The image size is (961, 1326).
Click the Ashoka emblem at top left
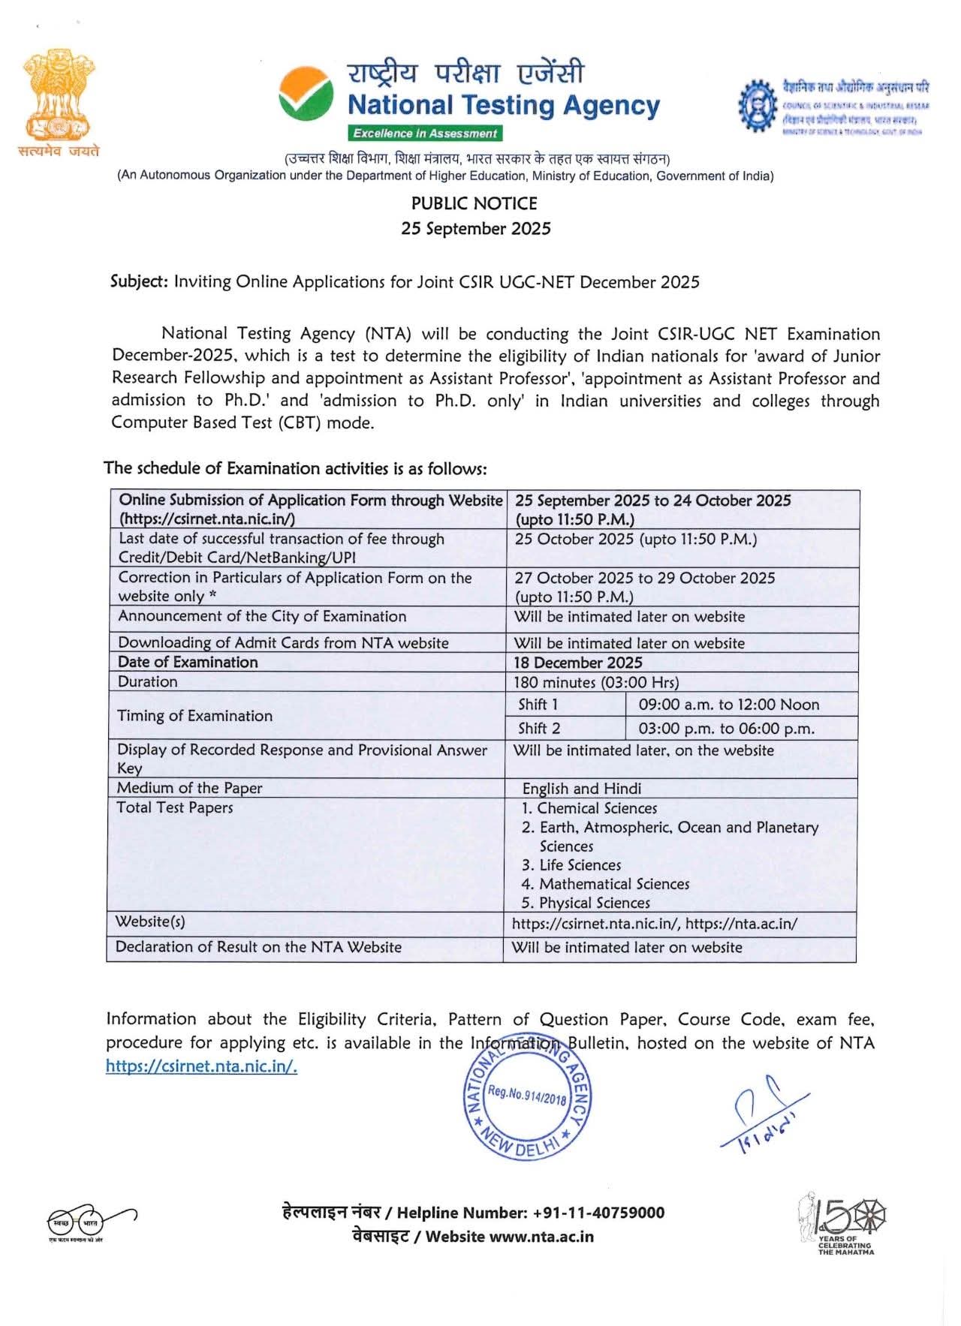pyautogui.click(x=59, y=94)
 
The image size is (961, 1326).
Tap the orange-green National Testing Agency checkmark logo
pyautogui.click(x=306, y=94)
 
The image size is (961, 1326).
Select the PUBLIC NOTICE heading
pyautogui.click(x=474, y=203)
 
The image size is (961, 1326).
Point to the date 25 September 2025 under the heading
pyautogui.click(x=475, y=229)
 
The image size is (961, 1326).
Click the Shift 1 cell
pyautogui.click(x=538, y=705)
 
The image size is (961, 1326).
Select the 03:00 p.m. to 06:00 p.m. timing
pyautogui.click(x=726, y=729)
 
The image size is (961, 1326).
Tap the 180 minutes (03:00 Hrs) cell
pyautogui.click(x=596, y=682)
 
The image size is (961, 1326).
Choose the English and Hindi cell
pyautogui.click(x=581, y=789)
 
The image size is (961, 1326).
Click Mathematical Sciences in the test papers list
pyautogui.click(x=613, y=884)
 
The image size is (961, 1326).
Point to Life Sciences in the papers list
pyautogui.click(x=580, y=865)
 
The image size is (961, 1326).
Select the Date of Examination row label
pyautogui.click(x=188, y=662)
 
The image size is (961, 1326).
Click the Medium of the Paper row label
pyautogui.click(x=190, y=788)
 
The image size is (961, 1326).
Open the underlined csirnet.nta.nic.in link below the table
pyautogui.click(x=201, y=1066)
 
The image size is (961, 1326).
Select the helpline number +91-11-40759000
pyautogui.click(x=598, y=1213)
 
